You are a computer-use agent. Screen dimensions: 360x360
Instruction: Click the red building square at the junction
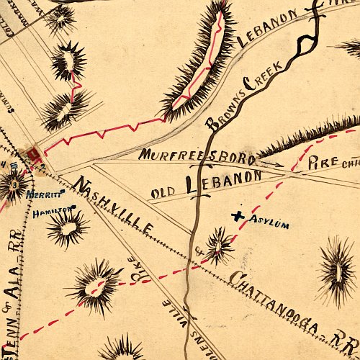[32, 155]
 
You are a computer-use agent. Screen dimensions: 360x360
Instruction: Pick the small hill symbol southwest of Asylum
[219, 246]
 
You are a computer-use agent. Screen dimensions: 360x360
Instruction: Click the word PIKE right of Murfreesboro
[321, 164]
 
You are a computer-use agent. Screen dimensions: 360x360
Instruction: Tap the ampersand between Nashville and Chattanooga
[199, 252]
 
